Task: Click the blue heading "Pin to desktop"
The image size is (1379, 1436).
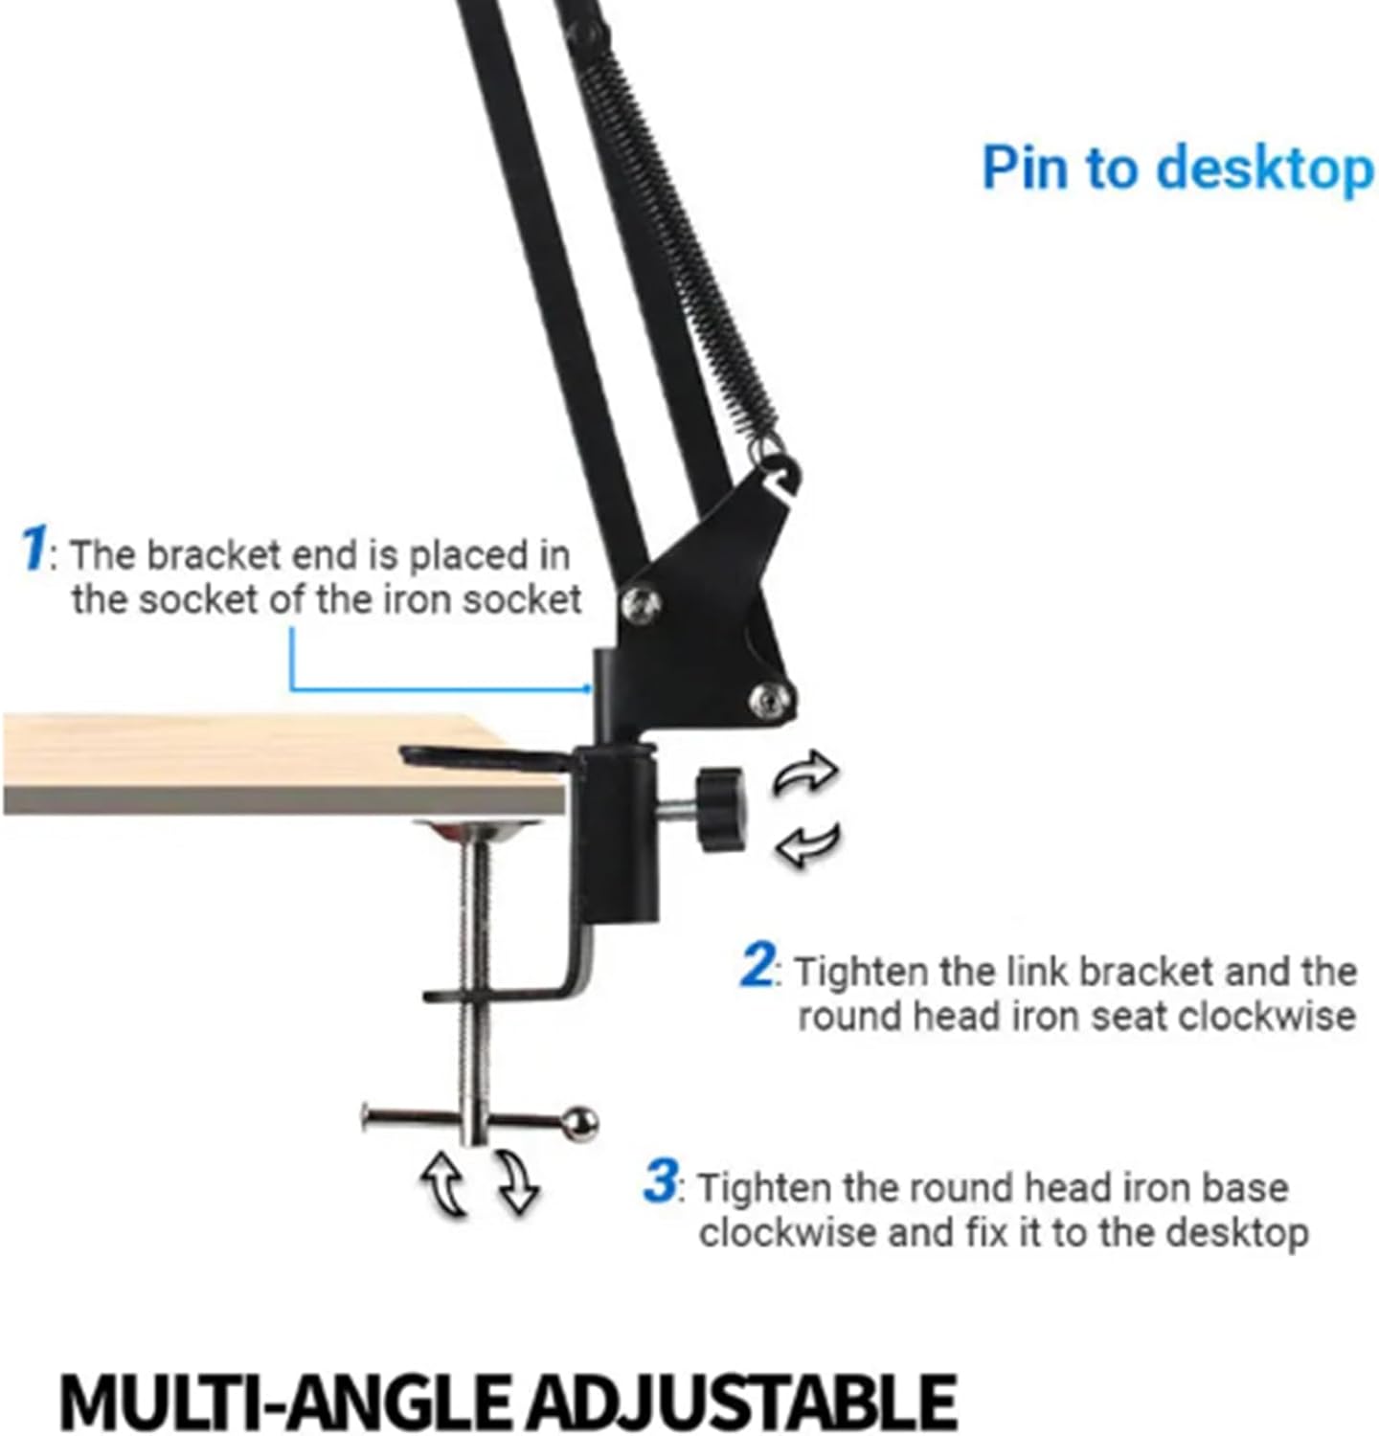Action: (1178, 169)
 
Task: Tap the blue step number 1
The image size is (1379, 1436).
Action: (33, 550)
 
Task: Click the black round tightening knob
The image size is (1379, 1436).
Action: (720, 809)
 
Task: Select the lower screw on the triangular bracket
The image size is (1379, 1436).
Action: (771, 700)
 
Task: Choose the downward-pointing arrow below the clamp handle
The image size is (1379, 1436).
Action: (518, 1180)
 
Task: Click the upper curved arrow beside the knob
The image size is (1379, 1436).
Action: (806, 773)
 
